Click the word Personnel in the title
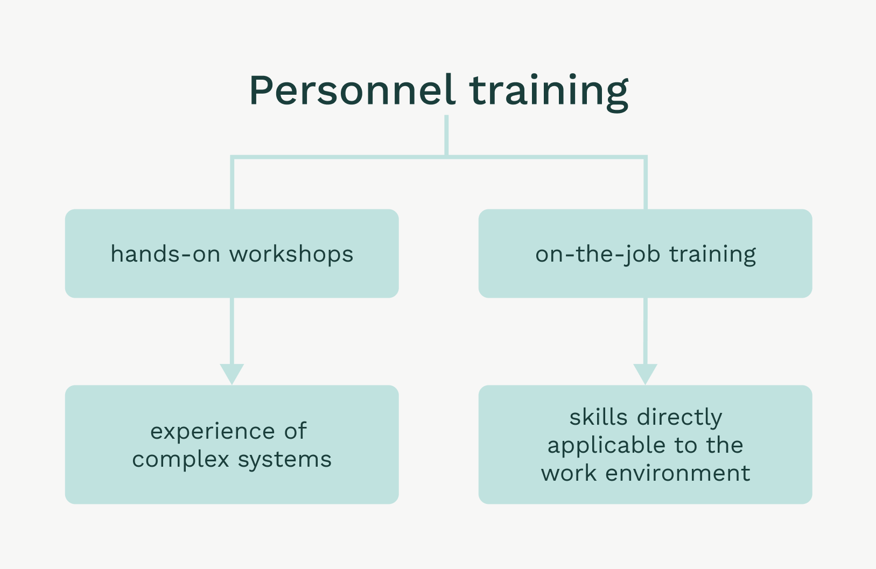pos(352,90)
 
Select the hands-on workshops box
pos(232,254)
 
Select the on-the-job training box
pos(645,254)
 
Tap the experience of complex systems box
pos(232,445)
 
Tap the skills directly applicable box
pos(645,445)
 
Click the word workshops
pos(291,255)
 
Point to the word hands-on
pos(165,254)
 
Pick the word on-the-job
pos(598,255)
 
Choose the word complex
pos(180,460)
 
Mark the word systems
pos(285,460)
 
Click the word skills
pos(598,417)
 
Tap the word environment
pos(678,473)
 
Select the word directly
pos(679,418)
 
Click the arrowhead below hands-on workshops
pos(232,374)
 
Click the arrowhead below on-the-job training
pos(645,374)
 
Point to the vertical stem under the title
pos(446,135)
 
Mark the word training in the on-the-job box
pos(712,255)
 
